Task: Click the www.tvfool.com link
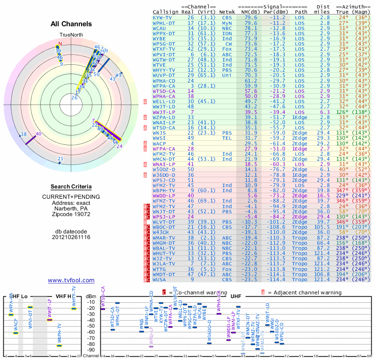coord(71,280)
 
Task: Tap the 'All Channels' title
coord(71,24)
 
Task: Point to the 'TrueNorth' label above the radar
coord(71,35)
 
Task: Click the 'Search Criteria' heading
coord(71,187)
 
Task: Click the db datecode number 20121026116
coord(71,237)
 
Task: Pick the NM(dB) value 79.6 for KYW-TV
coord(251,17)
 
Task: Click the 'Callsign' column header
coord(166,12)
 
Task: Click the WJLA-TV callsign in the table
coord(163,264)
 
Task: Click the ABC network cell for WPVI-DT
coord(227,55)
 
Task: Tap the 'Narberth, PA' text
coord(71,209)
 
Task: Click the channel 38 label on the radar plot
coord(23,135)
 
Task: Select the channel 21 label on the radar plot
coord(60,159)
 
